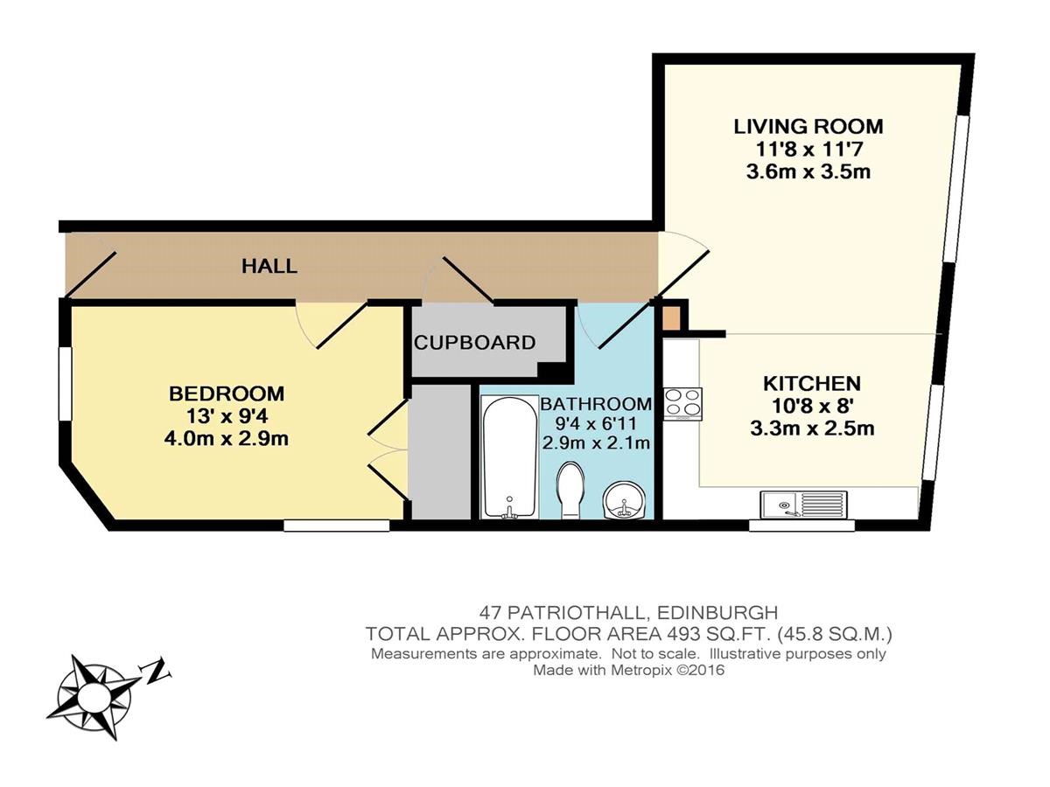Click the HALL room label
point(269,266)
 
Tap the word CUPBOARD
point(474,343)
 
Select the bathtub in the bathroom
point(509,456)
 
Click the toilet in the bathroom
point(570,490)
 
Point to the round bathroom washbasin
point(624,500)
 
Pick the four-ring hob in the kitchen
point(683,404)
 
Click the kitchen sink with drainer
point(803,505)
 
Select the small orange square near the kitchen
point(671,317)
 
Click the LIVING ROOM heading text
point(808,126)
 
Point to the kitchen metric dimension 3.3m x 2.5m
point(812,428)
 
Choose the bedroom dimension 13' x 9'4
point(227,416)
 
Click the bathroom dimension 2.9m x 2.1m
point(596,443)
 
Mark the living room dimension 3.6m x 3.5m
point(808,171)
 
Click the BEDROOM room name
point(227,393)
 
